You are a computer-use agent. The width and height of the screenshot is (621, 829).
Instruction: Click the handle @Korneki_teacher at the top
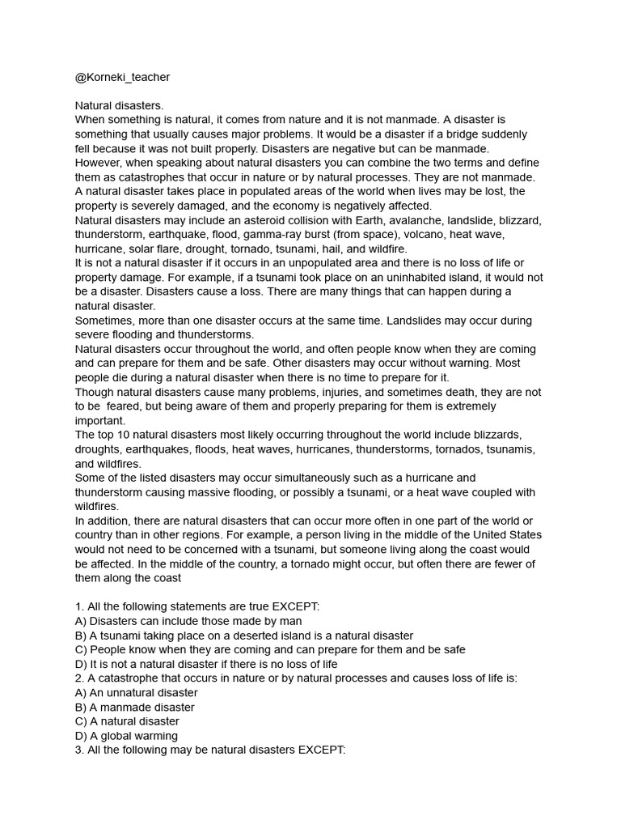click(x=123, y=77)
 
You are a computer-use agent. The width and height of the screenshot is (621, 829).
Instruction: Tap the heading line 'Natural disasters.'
click(x=119, y=105)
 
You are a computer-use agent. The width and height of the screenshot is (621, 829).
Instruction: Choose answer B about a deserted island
click(x=244, y=636)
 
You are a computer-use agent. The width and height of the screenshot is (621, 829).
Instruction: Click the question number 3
click(x=79, y=750)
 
